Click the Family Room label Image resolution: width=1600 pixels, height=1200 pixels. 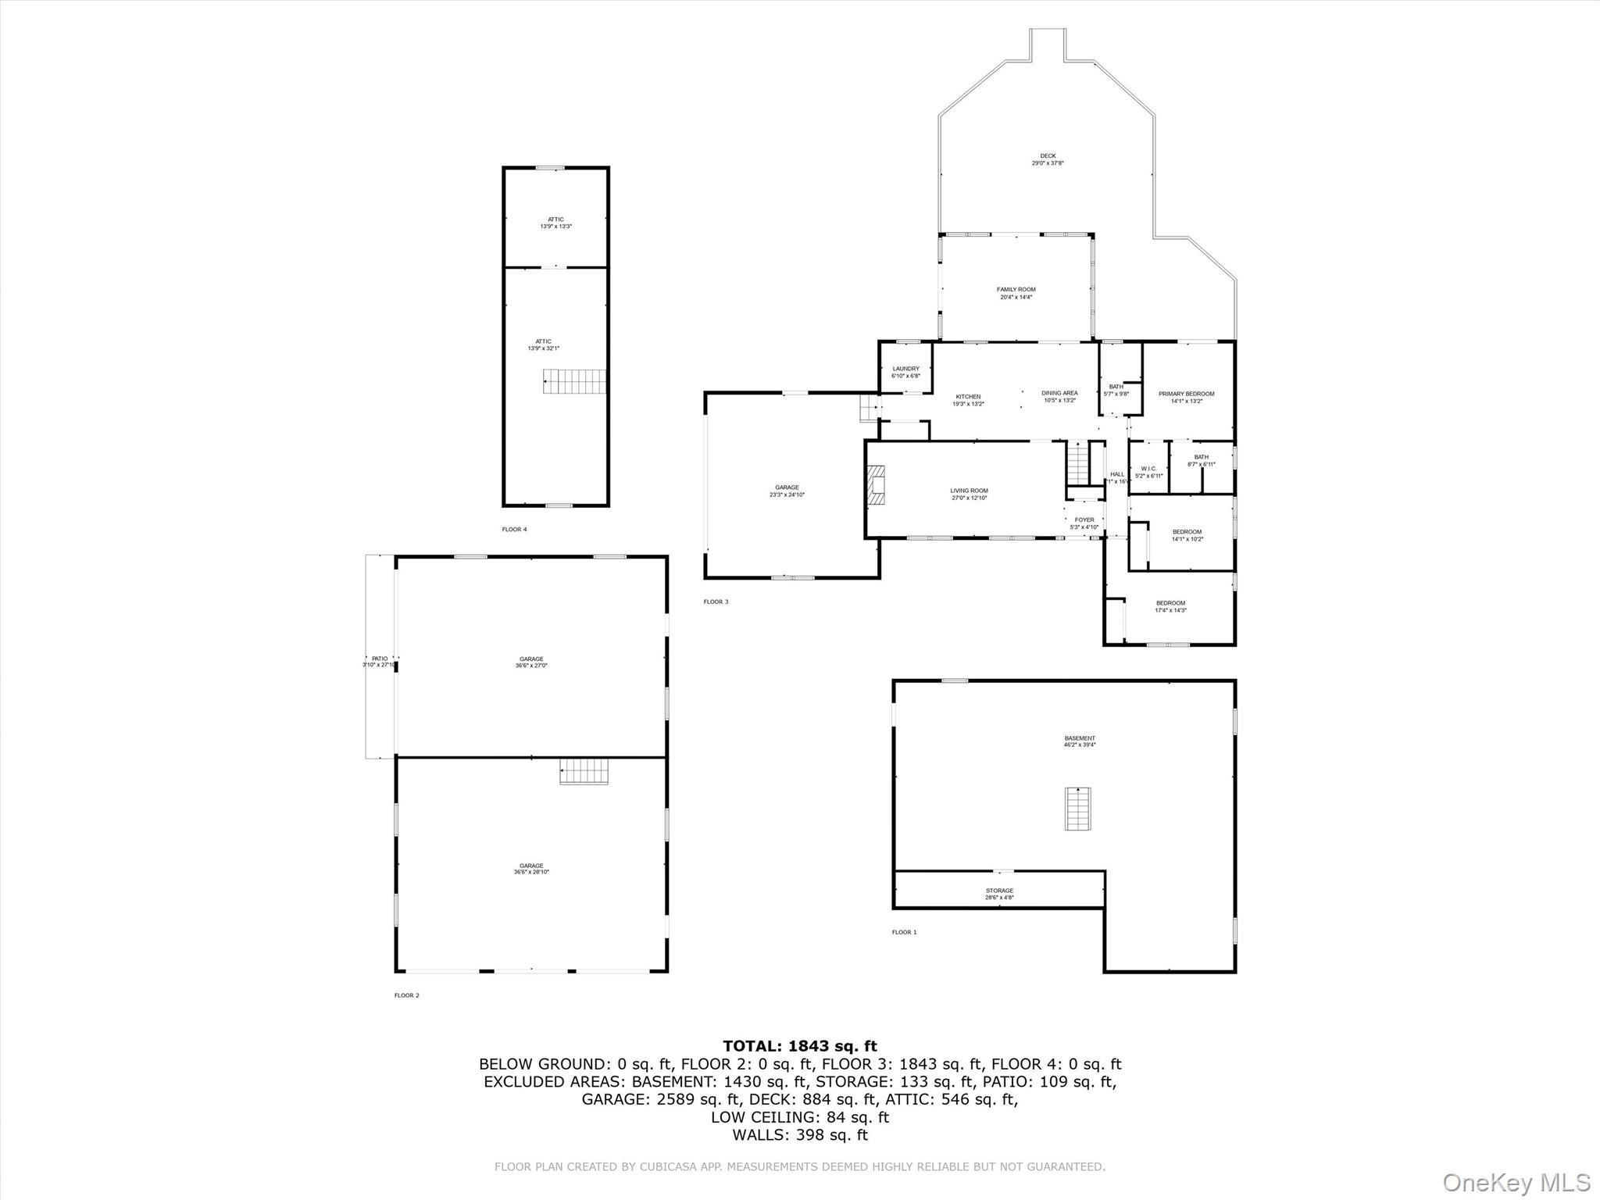pos(1016,293)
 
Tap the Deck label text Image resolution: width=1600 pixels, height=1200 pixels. pos(1048,159)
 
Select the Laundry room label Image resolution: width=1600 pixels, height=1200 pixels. pos(905,372)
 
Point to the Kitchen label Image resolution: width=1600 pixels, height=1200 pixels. pos(968,400)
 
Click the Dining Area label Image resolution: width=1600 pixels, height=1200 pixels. pos(1059,396)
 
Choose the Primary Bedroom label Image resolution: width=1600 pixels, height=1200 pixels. pos(1186,397)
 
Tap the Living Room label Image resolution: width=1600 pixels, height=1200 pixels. pos(969,494)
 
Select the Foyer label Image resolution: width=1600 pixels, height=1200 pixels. pos(1084,523)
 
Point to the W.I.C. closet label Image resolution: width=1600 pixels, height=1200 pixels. pos(1148,472)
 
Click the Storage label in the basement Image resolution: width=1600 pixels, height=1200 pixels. pos(999,894)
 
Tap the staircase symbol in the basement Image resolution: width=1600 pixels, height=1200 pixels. pos(1077,809)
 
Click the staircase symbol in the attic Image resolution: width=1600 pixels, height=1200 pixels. pos(575,382)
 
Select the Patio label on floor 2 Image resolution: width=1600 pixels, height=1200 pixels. pos(380,662)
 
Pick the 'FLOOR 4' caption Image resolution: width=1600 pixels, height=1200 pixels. pos(514,530)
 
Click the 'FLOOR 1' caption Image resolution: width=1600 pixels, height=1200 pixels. pos(904,932)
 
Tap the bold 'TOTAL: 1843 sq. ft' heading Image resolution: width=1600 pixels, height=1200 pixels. pos(799,1046)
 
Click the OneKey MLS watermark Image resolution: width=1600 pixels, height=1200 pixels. pos(1516,1182)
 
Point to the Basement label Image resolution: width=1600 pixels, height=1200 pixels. pos(1080,741)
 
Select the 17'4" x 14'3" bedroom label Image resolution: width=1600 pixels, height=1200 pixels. pos(1170,606)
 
